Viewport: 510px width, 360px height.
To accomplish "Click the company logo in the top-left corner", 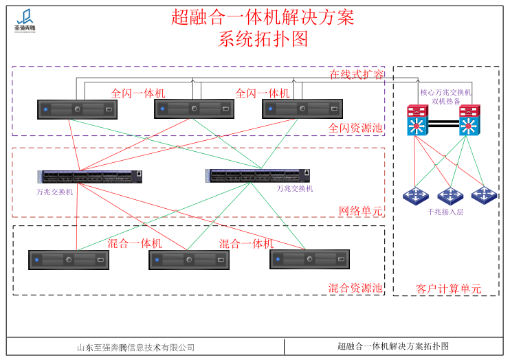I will coord(26,21).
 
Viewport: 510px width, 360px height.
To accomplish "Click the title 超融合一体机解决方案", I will coord(263,16).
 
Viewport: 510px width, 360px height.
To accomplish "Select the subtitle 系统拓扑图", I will coord(263,39).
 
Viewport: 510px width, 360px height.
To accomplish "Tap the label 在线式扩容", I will coord(356,74).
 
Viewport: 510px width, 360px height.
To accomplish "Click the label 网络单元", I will coord(360,211).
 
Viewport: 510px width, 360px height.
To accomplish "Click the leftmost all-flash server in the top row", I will coord(77,109).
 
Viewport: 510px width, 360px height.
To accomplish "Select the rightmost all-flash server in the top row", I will coord(302,109).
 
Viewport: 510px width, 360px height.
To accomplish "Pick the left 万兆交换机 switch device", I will coord(90,177).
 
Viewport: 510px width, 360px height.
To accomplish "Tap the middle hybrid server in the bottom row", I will coord(189,260).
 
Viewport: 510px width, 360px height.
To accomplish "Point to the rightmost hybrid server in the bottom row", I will coord(309,259).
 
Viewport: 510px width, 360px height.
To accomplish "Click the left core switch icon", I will coord(417,120).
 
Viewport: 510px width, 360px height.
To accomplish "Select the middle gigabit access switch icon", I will coord(450,196).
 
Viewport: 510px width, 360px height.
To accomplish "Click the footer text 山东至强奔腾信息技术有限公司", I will coord(136,348).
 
